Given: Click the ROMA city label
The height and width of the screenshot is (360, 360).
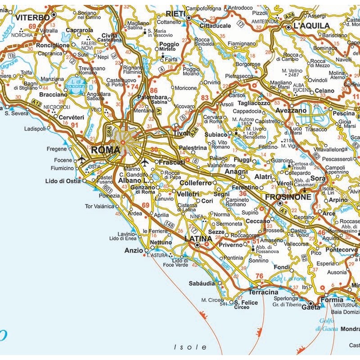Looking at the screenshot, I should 105,150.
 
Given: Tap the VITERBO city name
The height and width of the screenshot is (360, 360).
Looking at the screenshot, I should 32,18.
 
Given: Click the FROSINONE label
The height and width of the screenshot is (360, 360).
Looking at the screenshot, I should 288,197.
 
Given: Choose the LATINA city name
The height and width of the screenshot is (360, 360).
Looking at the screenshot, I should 198,238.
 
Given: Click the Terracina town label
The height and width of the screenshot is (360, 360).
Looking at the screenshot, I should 263,292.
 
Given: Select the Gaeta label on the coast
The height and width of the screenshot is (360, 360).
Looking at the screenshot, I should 311,307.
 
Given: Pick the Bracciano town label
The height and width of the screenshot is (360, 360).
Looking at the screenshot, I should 53,95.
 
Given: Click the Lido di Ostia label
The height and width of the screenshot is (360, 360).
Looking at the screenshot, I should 63,181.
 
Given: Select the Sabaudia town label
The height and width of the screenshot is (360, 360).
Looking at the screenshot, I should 202,284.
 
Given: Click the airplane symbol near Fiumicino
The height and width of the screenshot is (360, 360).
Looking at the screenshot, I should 82,160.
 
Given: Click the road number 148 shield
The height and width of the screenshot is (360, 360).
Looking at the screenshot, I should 170,224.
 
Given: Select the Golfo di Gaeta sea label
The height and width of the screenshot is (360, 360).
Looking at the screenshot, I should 327,324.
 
